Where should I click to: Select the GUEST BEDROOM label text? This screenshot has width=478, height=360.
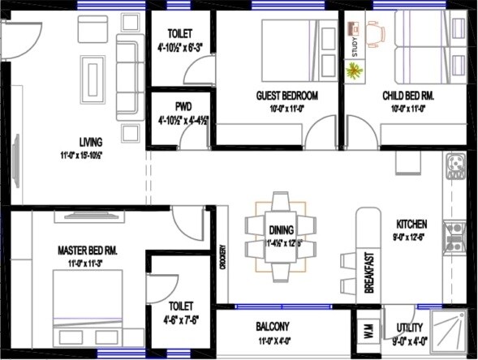pos(286,96)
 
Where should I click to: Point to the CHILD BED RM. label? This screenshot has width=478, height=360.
pos(408,96)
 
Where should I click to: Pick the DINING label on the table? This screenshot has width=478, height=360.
pos(281,230)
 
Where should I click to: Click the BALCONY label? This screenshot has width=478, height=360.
pos(273,327)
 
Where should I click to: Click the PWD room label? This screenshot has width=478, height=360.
pos(183,106)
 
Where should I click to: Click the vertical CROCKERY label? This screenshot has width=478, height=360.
pos(222,259)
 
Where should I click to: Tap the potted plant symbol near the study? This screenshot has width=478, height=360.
pos(354,71)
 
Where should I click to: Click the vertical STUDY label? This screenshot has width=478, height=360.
pos(355,48)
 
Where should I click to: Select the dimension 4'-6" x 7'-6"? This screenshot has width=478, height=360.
pos(181,319)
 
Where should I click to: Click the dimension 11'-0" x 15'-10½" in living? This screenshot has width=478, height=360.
pos(80,154)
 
